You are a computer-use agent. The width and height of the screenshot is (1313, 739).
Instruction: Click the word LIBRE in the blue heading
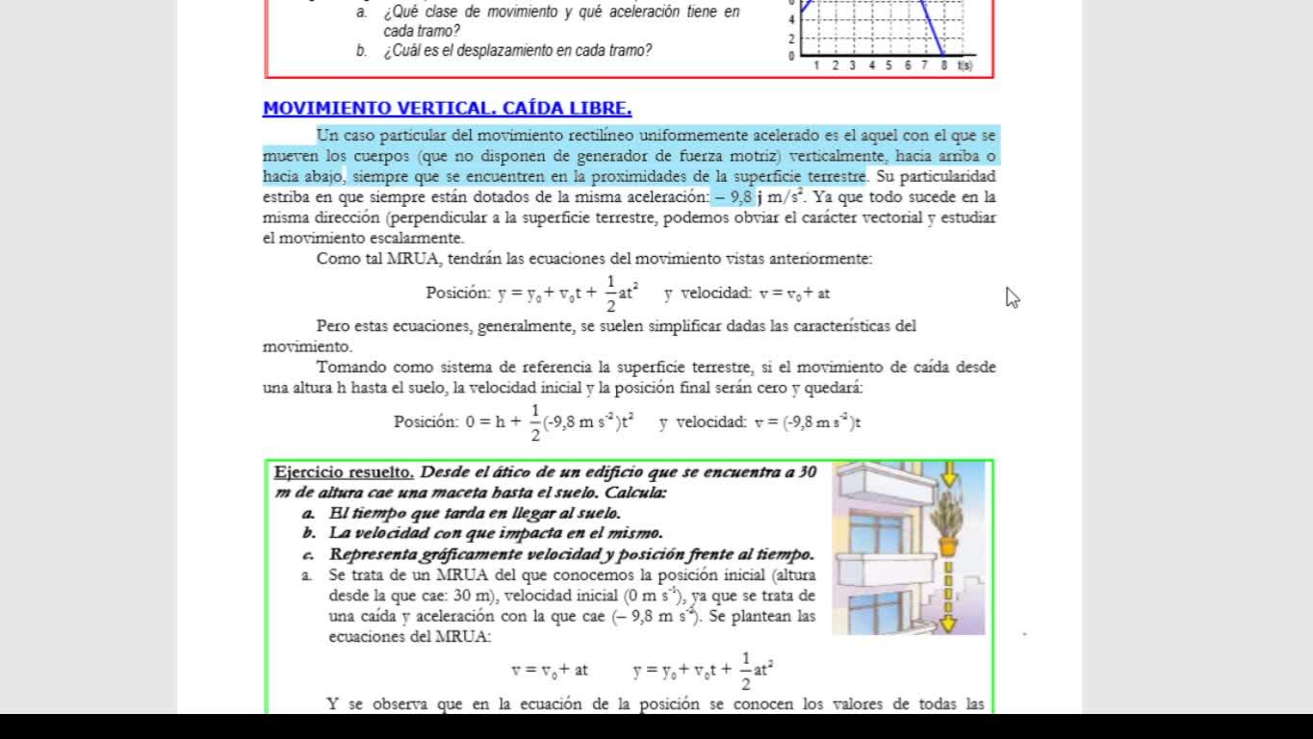coord(602,109)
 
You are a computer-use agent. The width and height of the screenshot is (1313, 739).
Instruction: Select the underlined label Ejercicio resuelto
coord(345,471)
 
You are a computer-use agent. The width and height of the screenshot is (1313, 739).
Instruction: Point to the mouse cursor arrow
coord(1012,297)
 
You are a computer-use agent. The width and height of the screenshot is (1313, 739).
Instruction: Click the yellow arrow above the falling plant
coord(949,472)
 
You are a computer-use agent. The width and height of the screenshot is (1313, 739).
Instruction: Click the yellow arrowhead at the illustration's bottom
coord(948,624)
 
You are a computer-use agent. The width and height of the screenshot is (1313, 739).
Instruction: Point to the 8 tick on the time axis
coord(944,65)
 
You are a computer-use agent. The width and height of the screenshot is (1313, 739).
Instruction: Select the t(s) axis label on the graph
coord(965,65)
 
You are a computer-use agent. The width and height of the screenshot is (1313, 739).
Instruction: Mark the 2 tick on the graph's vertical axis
coord(792,38)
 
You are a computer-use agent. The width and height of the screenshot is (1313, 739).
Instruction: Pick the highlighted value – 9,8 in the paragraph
coord(733,197)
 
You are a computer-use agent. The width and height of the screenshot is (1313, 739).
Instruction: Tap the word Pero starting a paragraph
coord(333,325)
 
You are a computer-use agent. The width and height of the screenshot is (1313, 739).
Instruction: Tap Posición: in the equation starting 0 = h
coord(425,421)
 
